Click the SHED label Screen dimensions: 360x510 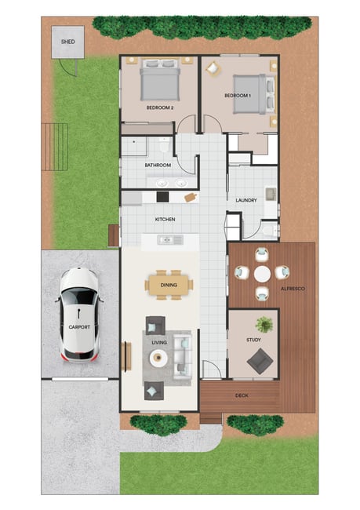click(68, 42)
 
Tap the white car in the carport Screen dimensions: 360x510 click(79, 315)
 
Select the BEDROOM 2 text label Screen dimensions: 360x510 click(160, 107)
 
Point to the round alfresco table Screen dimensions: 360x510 click(262, 274)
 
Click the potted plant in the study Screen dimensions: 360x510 click(264, 325)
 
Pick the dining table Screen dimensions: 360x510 click(169, 285)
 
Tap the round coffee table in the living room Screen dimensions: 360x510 click(158, 358)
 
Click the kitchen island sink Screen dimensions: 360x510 click(170, 240)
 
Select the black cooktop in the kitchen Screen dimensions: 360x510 click(162, 197)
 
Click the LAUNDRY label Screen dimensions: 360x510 click(246, 200)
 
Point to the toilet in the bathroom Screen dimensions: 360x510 click(164, 144)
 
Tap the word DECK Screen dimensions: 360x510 click(242, 395)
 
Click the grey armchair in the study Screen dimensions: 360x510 click(260, 361)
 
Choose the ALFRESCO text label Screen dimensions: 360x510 click(293, 289)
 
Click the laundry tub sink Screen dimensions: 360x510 click(271, 194)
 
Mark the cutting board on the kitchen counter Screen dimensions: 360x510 click(191, 197)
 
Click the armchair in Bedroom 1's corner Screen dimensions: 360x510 click(213, 68)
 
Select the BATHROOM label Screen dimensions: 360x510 click(158, 166)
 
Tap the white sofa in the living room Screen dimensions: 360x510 click(182, 357)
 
